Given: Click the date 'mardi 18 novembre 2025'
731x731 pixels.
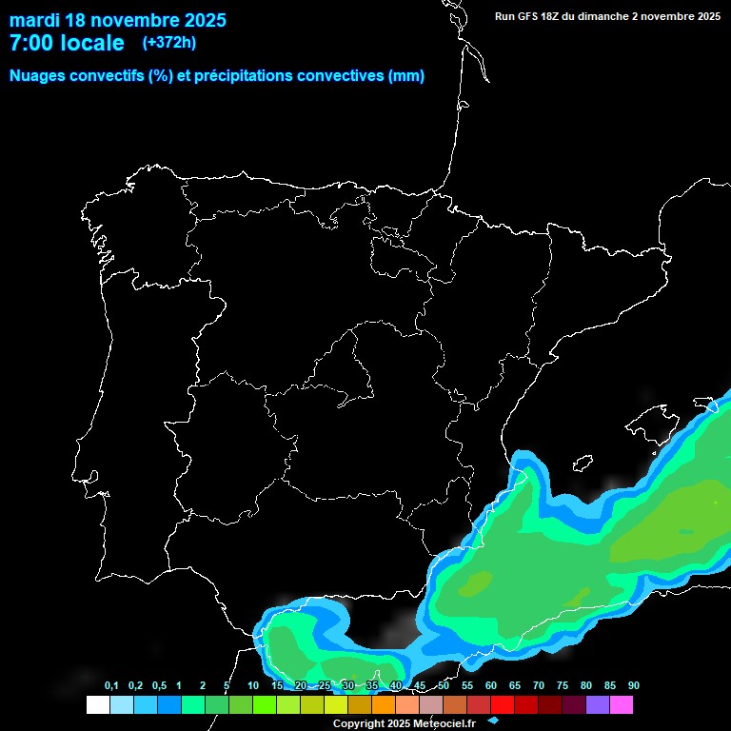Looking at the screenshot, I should point(117,20).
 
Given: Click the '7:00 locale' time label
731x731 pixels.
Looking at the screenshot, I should point(67,43).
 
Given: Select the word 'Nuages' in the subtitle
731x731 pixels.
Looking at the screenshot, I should point(38,76).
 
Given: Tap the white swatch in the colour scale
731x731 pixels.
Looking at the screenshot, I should point(97,704).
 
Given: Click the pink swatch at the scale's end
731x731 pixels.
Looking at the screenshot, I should point(622,704).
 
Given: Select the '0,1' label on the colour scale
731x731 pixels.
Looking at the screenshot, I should point(111,686).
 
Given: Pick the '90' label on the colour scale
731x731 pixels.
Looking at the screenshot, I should point(633,686).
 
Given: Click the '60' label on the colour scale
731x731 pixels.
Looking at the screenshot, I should point(490,686).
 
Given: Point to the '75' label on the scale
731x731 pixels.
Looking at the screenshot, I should point(562,686).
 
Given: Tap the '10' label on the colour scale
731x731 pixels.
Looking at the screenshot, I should point(252,686).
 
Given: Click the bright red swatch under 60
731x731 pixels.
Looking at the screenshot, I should point(503,704).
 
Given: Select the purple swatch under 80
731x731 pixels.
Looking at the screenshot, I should point(598,704).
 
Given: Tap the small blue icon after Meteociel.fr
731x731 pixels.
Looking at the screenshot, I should point(492,721).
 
